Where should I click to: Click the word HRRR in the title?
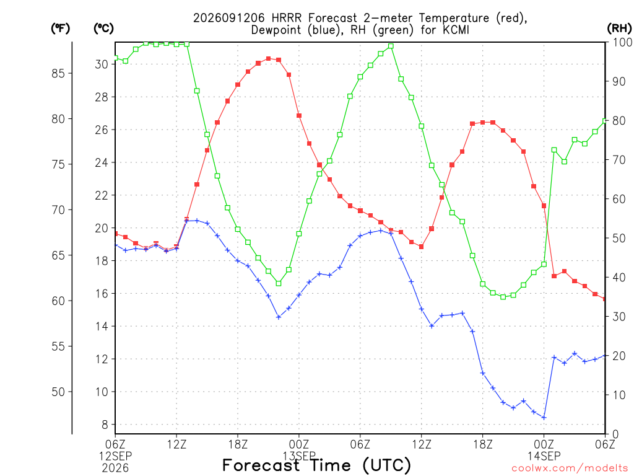pyautogui.click(x=287, y=18)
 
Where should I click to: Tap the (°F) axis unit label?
pyautogui.click(x=60, y=29)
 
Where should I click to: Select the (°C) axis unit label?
pyautogui.click(x=103, y=29)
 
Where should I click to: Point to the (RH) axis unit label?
pyautogui.click(x=619, y=29)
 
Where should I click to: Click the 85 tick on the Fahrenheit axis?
pyautogui.click(x=58, y=73)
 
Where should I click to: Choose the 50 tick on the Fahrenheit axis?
pyautogui.click(x=58, y=392)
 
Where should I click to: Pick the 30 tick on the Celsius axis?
pyautogui.click(x=102, y=64)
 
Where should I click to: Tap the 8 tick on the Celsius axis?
pyautogui.click(x=105, y=425)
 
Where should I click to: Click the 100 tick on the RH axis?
pyautogui.click(x=623, y=42)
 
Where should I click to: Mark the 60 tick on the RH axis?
pyautogui.click(x=619, y=199)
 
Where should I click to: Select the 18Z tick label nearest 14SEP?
pyautogui.click(x=483, y=444)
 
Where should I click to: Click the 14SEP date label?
pyautogui.click(x=544, y=456)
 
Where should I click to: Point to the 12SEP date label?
pyautogui.click(x=115, y=456)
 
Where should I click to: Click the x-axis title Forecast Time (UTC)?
pyautogui.click(x=316, y=465)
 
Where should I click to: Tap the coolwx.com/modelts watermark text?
pyautogui.click(x=570, y=469)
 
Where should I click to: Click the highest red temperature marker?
pyautogui.click(x=269, y=59)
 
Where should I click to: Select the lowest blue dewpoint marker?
pyautogui.click(x=544, y=418)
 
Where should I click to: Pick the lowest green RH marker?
pyautogui.click(x=503, y=297)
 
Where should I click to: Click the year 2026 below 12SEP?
pyautogui.click(x=115, y=469)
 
